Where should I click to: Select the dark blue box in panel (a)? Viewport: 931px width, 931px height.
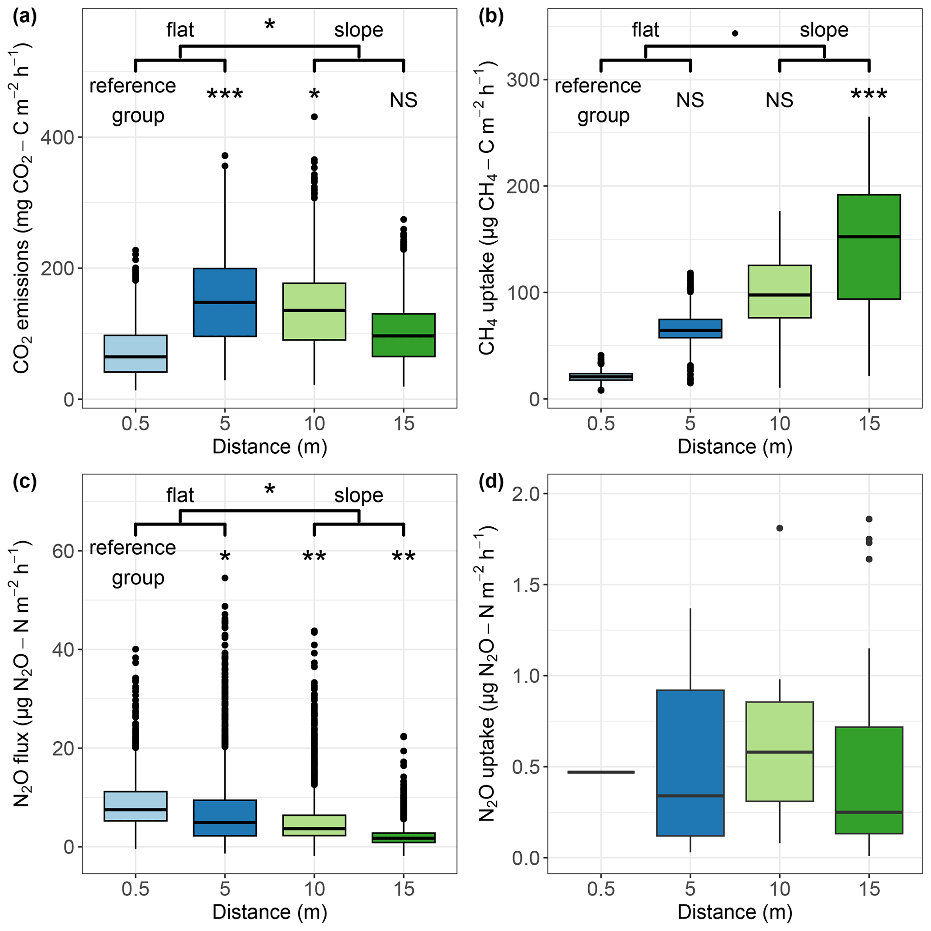coord(225,302)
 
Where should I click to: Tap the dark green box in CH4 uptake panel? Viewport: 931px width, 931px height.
coord(869,247)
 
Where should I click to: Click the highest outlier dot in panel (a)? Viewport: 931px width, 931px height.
coord(314,117)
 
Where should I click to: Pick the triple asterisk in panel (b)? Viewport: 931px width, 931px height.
coord(869,95)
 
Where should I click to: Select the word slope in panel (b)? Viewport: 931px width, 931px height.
coord(824,30)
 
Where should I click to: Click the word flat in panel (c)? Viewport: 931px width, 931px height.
coord(180,496)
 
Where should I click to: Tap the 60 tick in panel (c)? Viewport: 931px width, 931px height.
coord(63,551)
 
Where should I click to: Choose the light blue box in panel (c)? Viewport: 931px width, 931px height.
coord(136,807)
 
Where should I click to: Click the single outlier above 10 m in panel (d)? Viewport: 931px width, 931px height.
coord(780,529)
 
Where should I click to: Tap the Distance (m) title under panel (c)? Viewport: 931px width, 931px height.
coord(269,912)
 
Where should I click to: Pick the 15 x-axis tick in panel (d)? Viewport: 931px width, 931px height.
coord(869,889)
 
